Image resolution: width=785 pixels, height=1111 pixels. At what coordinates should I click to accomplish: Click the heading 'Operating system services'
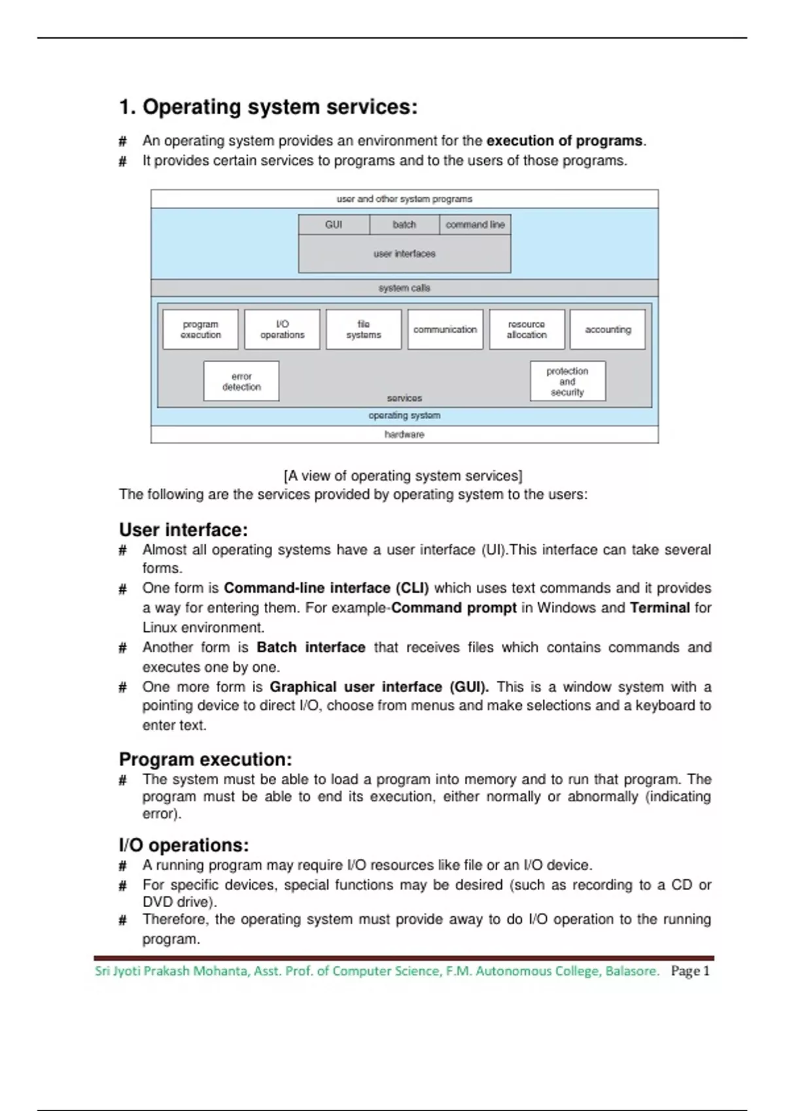(268, 107)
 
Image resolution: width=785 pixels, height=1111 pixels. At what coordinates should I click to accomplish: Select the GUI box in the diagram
(334, 225)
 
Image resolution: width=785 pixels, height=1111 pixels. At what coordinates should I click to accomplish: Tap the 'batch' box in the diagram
(404, 225)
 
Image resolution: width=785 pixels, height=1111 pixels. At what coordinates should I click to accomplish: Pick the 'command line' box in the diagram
(475, 225)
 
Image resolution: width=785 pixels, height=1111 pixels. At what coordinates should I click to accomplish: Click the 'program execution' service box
(201, 329)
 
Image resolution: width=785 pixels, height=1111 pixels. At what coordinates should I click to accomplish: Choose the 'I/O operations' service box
(282, 329)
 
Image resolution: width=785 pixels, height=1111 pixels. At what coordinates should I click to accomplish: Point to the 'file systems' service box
(364, 329)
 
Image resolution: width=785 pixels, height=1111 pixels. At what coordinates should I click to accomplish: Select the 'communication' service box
(445, 329)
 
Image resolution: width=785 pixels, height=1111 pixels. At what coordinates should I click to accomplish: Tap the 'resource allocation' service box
(527, 329)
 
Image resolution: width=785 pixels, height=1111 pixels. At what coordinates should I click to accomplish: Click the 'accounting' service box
(608, 329)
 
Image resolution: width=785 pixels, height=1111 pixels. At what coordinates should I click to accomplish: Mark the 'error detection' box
(241, 381)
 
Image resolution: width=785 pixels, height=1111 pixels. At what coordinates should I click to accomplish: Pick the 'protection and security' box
(567, 381)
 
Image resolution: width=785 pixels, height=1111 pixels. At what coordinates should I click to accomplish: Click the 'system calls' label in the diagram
(404, 288)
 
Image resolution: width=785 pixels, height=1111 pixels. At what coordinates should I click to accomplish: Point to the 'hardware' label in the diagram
(404, 435)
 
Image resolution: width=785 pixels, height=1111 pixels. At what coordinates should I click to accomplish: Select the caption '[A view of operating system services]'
(403, 476)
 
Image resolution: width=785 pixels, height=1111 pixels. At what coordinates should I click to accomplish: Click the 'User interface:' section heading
(183, 529)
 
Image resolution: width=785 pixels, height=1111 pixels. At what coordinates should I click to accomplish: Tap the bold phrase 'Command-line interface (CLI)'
(326, 588)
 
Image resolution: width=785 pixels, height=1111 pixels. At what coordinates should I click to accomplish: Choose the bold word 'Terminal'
(659, 608)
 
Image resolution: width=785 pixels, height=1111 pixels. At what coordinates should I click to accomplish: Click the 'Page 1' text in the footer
(690, 971)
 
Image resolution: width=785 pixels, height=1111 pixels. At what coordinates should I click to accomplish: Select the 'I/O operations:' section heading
(184, 845)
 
